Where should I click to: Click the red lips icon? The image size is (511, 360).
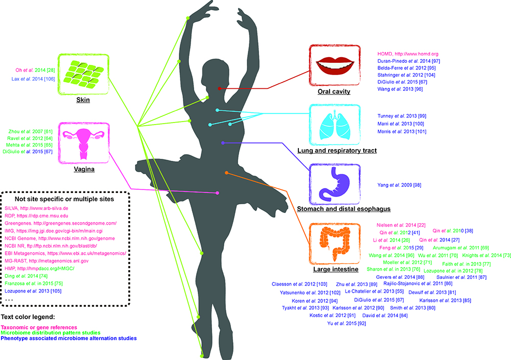click(334, 65)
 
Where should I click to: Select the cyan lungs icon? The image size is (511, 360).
click(335, 125)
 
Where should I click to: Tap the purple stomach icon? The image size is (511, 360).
click(334, 183)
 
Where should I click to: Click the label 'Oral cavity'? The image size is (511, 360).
click(334, 91)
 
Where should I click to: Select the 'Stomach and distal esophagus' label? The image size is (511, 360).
click(343, 209)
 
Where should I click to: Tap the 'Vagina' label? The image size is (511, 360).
click(84, 169)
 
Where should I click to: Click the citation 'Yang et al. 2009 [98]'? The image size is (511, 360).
click(399, 185)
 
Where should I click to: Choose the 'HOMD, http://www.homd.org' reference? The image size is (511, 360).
click(408, 54)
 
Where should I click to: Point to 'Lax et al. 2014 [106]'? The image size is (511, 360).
click(33, 79)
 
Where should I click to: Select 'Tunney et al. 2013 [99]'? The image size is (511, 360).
click(402, 116)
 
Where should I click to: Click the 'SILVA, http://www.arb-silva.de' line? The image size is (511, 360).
click(36, 208)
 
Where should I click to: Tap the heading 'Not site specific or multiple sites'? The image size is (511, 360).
click(64, 199)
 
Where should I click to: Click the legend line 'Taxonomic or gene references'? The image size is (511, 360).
click(39, 327)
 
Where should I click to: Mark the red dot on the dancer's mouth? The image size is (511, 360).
click(220, 89)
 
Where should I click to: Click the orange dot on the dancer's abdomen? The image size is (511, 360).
click(226, 173)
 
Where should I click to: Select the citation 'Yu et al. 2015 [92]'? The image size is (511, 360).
click(346, 324)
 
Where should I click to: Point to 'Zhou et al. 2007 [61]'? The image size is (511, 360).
click(30, 132)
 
